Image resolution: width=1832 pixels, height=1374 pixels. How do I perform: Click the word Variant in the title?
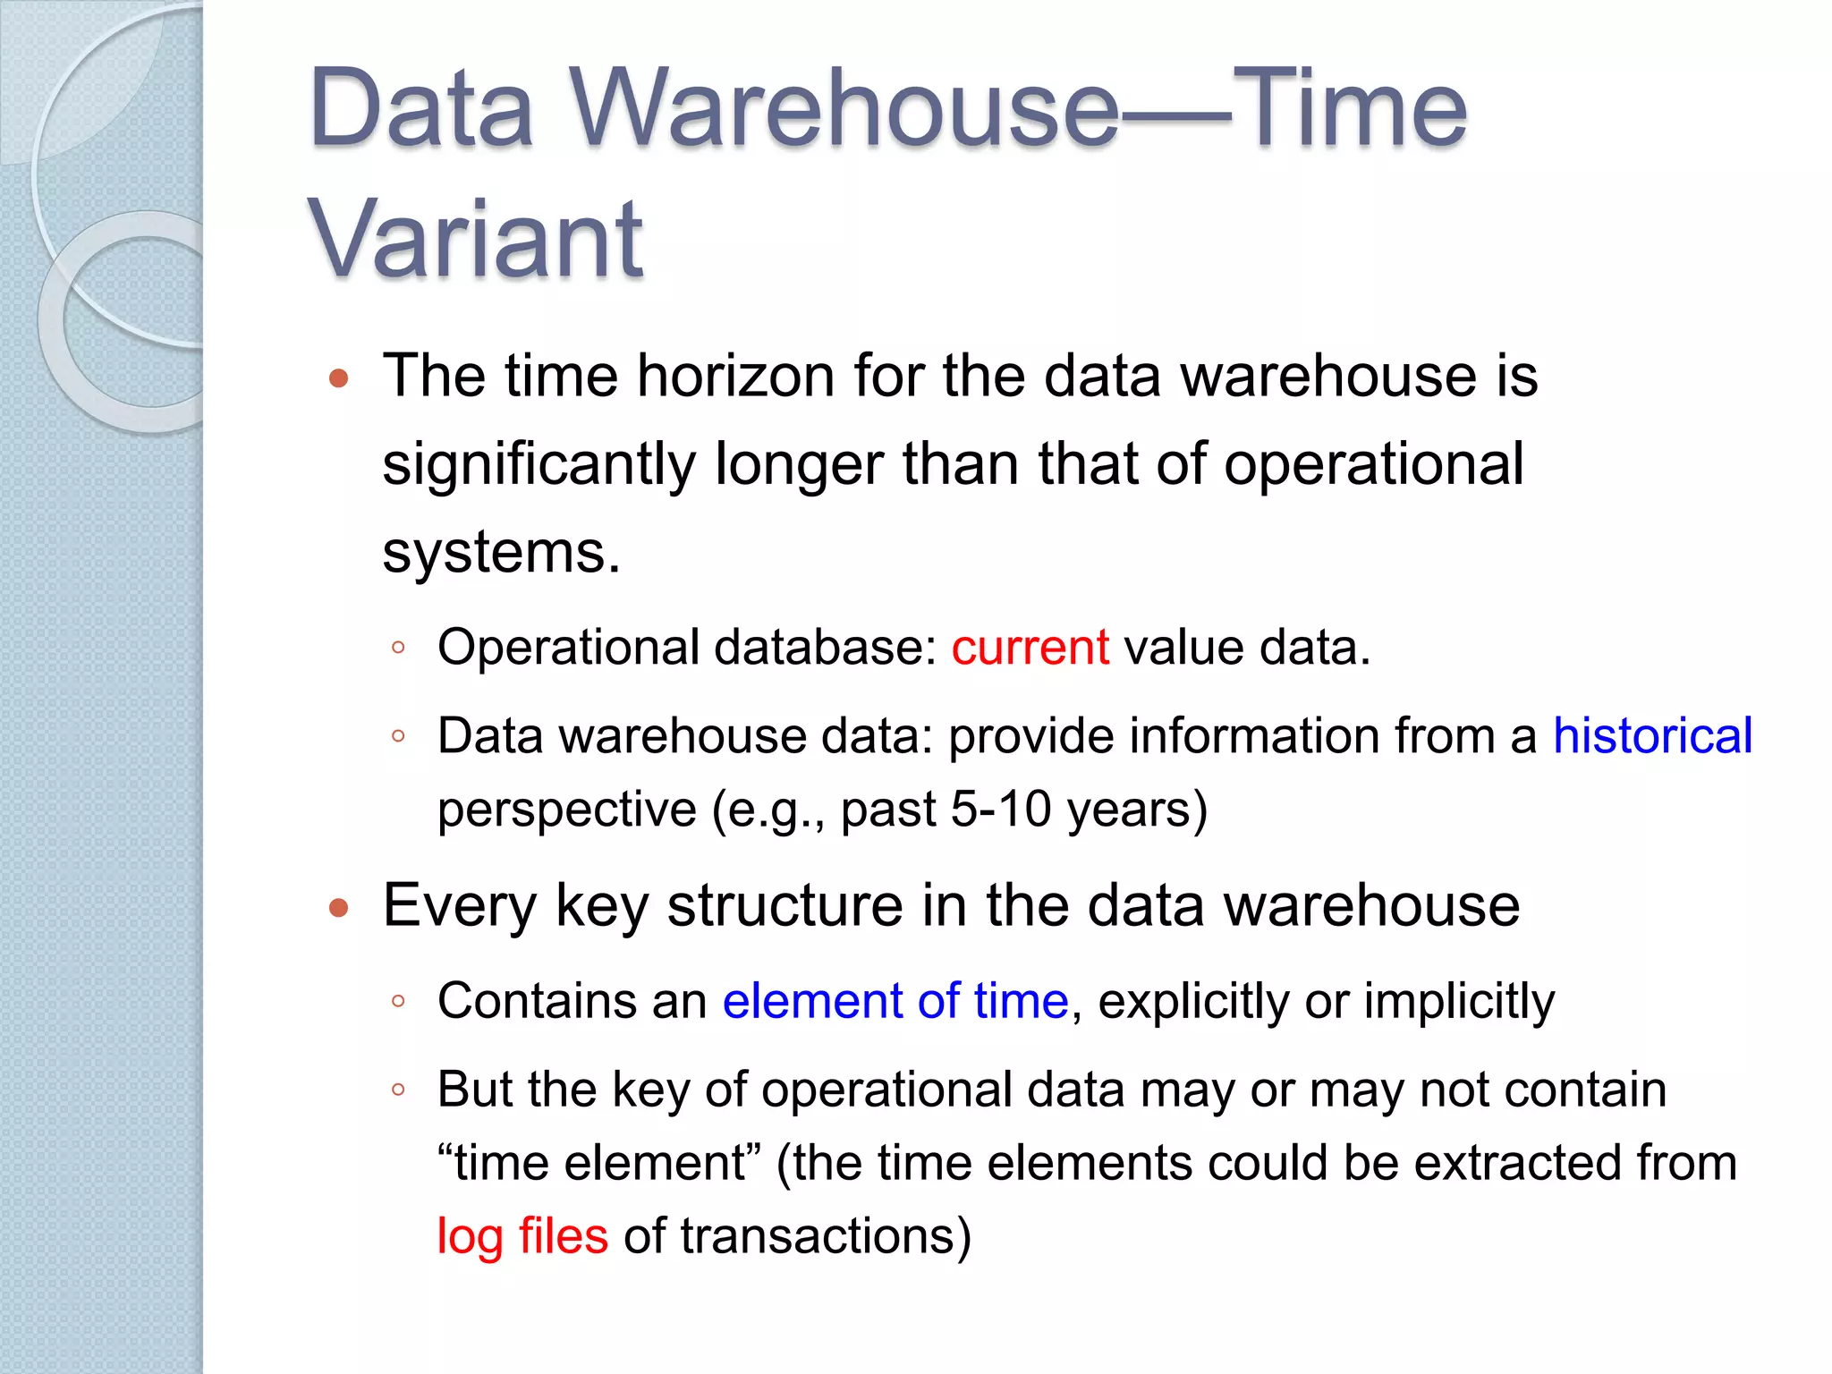[475, 239]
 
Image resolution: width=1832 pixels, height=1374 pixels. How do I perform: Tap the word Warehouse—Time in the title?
[1019, 108]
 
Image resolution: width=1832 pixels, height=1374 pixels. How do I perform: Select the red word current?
[1030, 647]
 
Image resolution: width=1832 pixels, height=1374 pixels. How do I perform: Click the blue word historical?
[1652, 736]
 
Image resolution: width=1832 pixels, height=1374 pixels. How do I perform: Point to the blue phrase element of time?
[895, 1000]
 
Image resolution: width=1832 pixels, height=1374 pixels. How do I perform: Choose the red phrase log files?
[522, 1236]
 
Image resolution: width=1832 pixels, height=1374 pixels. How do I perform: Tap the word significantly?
[539, 465]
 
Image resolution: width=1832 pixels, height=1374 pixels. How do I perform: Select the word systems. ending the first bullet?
[501, 552]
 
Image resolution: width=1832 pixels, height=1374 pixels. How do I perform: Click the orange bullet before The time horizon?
[338, 378]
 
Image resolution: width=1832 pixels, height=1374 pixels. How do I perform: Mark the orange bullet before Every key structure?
[338, 909]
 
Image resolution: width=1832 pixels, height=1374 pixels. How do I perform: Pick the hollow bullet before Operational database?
[399, 648]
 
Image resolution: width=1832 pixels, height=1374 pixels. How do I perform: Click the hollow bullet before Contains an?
[399, 1001]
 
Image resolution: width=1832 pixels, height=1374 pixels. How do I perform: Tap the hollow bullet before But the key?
[399, 1090]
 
